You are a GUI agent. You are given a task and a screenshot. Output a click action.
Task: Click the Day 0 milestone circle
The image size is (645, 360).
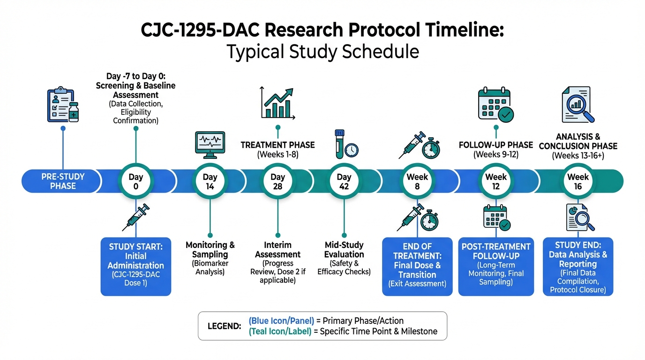(136, 181)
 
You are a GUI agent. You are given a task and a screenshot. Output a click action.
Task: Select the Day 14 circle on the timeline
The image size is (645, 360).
(210, 181)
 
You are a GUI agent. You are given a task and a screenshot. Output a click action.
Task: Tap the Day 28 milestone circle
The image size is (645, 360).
(277, 181)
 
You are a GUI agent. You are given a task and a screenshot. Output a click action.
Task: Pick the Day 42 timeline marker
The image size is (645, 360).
(344, 181)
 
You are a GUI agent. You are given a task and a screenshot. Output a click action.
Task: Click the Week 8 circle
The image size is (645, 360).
(417, 181)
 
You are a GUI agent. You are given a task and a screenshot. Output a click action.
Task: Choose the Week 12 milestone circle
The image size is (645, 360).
(496, 181)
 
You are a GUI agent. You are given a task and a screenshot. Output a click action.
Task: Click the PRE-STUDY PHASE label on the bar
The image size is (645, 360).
(63, 181)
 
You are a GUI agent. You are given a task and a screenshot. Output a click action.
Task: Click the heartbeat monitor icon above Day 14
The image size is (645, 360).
(210, 145)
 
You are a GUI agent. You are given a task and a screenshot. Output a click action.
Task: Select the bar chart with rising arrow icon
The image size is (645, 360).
(277, 103)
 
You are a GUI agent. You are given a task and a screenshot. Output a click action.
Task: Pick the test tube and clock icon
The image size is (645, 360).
(346, 144)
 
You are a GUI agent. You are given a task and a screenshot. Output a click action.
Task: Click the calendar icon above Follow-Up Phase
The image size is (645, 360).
(495, 104)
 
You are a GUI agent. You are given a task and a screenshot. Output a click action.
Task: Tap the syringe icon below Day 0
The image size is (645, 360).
(136, 217)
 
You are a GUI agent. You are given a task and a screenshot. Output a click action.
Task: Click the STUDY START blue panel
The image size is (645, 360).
(136, 266)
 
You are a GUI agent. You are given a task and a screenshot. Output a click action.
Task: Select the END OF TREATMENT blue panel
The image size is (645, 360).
(417, 266)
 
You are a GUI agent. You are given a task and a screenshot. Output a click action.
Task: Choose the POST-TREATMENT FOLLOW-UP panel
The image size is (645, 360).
(496, 266)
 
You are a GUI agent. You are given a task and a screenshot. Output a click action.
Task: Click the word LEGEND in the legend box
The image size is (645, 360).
(225, 326)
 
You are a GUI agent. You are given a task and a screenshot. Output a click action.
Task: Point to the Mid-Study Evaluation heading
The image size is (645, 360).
(344, 249)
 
